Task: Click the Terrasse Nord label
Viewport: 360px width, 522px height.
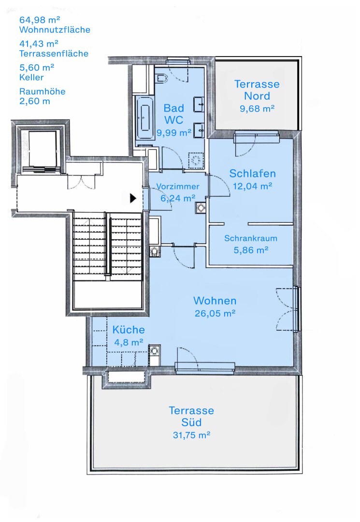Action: [257, 90]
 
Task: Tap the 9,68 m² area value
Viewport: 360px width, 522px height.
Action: [257, 109]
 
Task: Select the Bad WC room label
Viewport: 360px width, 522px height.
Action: [173, 114]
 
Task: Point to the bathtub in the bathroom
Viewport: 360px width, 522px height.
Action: [144, 118]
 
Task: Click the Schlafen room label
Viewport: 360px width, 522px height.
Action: [253, 174]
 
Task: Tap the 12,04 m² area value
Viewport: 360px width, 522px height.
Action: [252, 186]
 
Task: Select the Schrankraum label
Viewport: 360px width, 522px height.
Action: [250, 238]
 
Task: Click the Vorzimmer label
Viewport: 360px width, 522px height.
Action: [178, 187]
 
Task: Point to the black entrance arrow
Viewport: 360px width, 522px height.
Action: [133, 198]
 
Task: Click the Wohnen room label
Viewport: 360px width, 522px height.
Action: [215, 301]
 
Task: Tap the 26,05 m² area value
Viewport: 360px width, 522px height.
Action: [215, 313]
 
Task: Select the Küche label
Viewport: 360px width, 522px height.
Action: [129, 330]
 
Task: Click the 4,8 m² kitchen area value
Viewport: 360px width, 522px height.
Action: [129, 342]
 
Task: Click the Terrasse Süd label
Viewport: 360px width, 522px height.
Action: [191, 416]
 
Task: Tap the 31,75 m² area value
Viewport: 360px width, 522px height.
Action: [191, 435]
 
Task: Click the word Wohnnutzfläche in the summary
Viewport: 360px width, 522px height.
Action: [55, 30]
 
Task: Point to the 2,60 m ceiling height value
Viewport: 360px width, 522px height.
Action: [35, 101]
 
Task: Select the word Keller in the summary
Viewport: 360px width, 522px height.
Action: [31, 77]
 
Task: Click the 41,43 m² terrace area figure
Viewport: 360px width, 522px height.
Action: [39, 43]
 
